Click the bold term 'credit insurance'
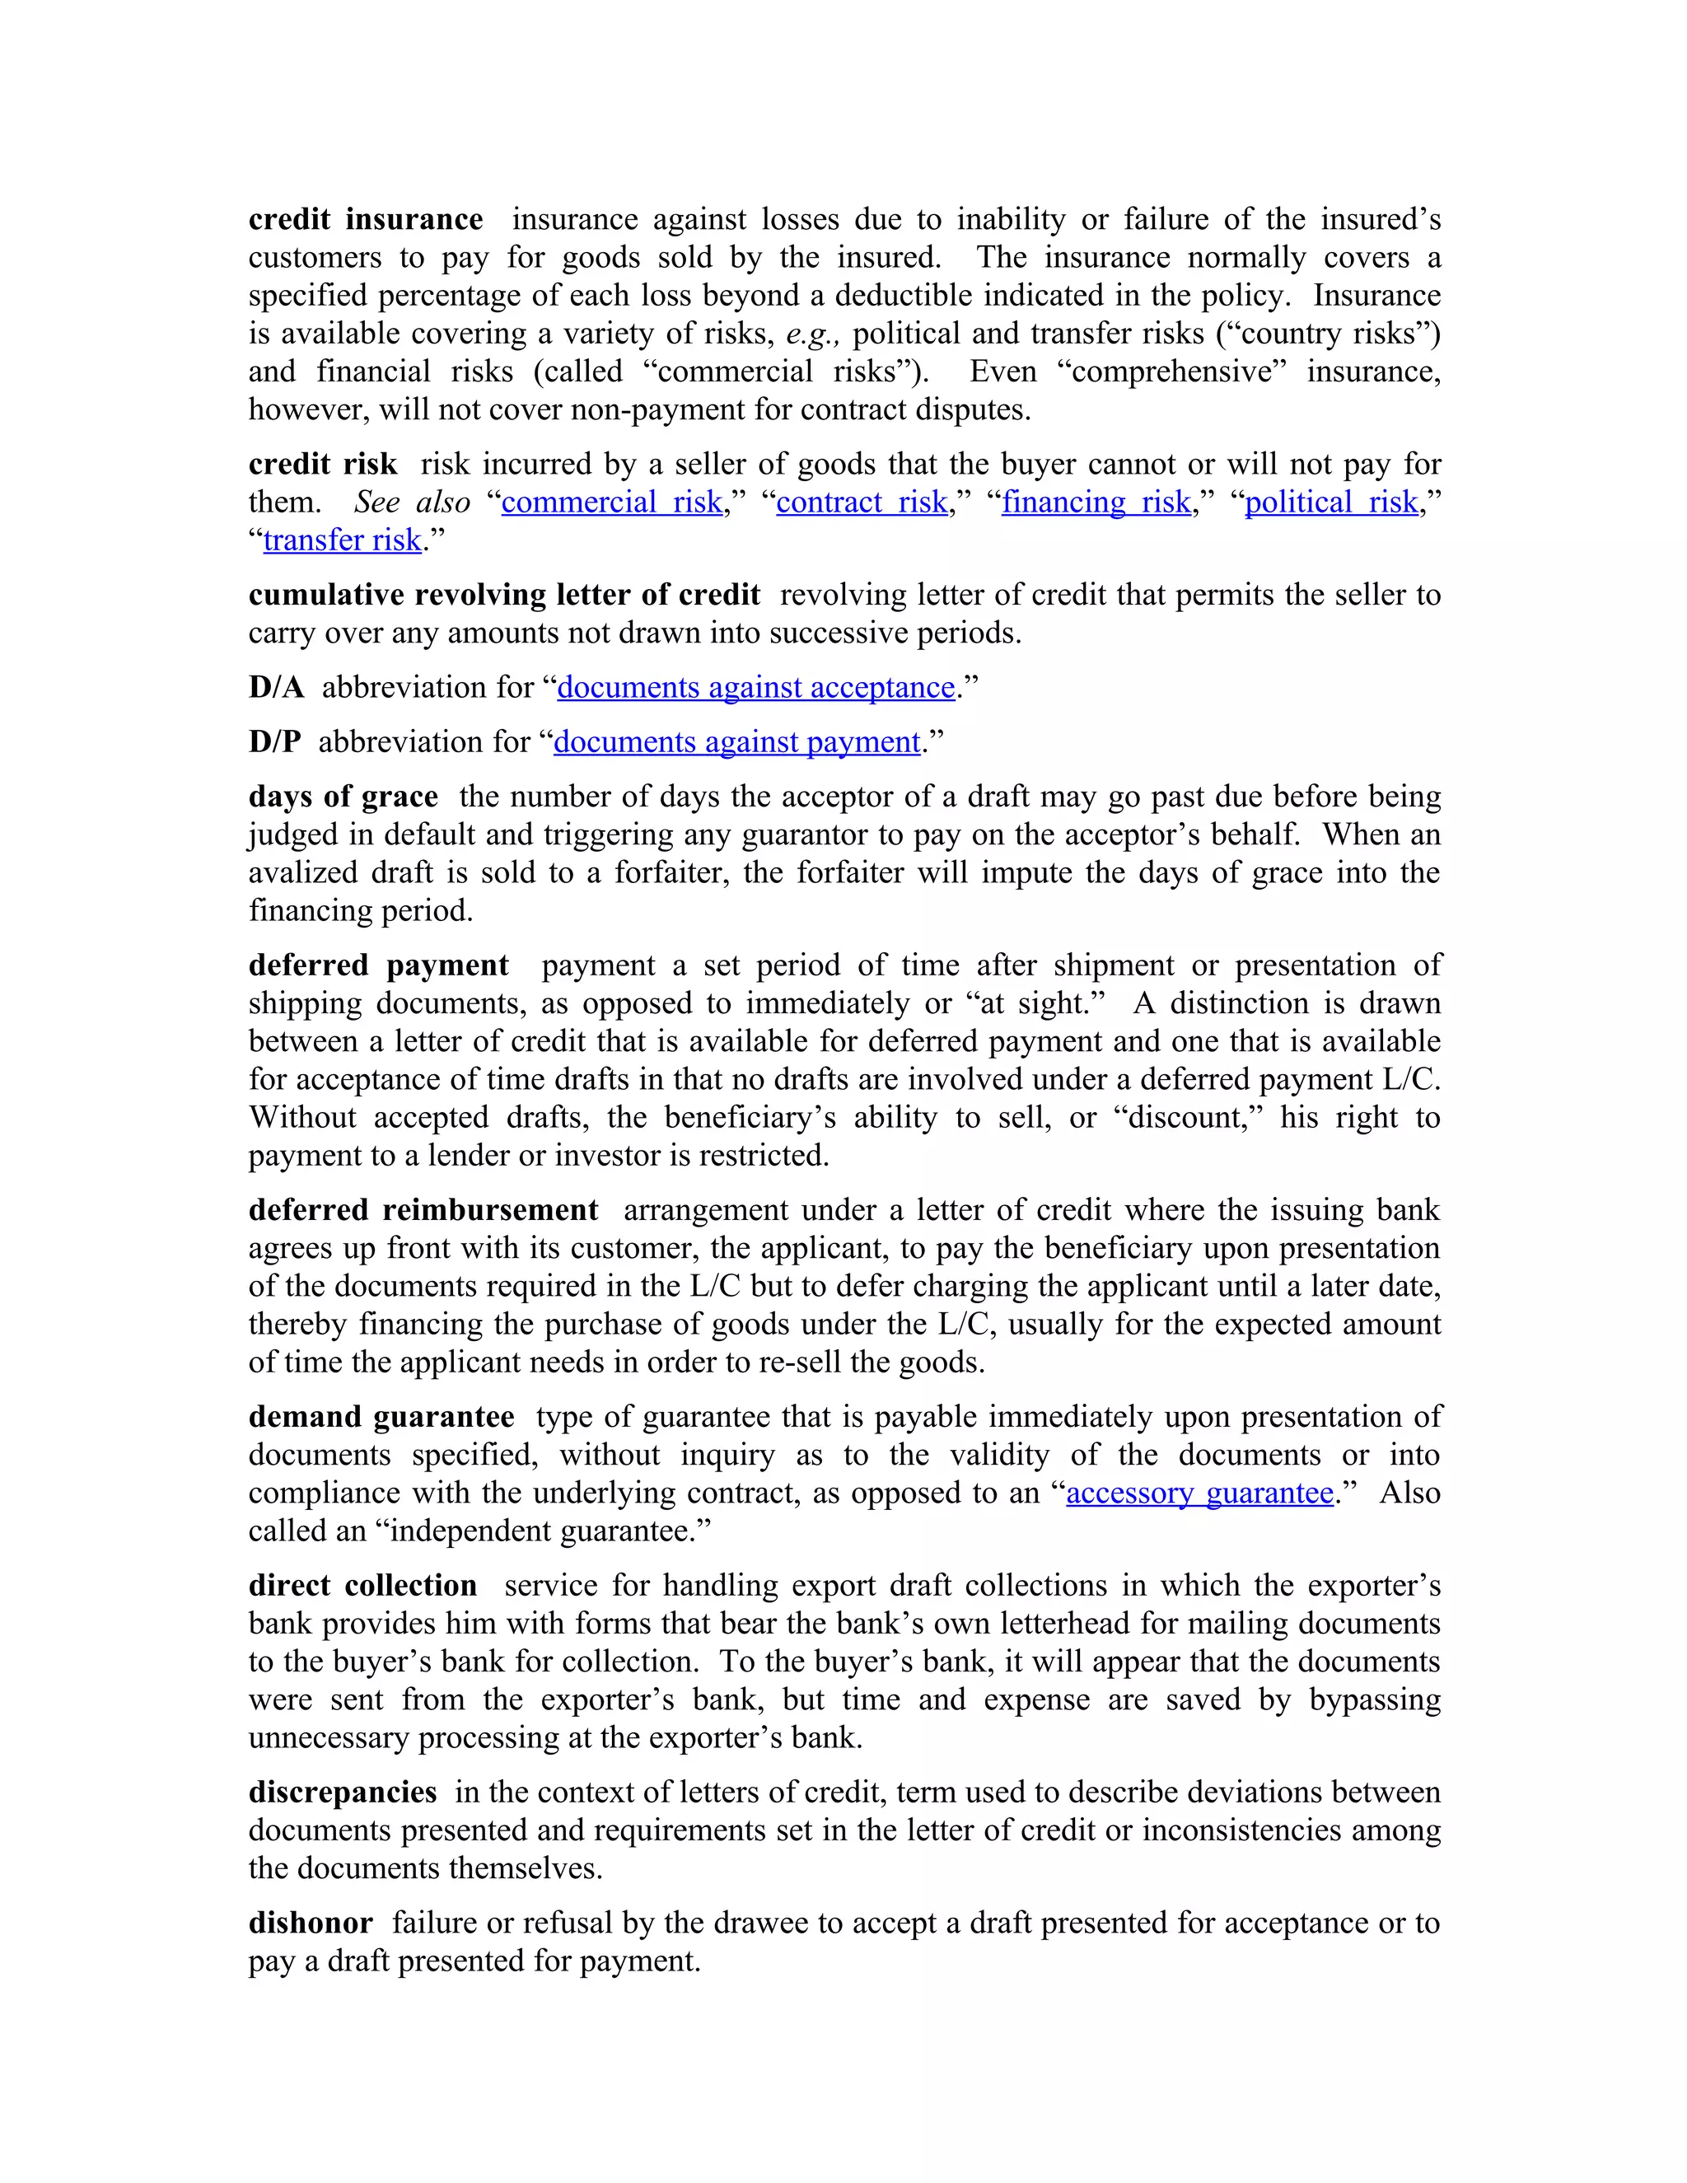[365, 220]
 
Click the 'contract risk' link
[862, 502]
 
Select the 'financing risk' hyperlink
[1096, 502]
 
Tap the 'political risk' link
[1330, 502]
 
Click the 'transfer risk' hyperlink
[342, 540]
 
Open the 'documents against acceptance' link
[755, 688]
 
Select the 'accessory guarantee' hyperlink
[1199, 1494]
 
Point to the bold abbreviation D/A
[276, 688]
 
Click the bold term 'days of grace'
[343, 797]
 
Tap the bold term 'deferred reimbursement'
[423, 1210]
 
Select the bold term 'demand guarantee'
[381, 1418]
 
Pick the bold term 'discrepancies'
[342, 1793]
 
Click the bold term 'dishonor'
[310, 1924]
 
